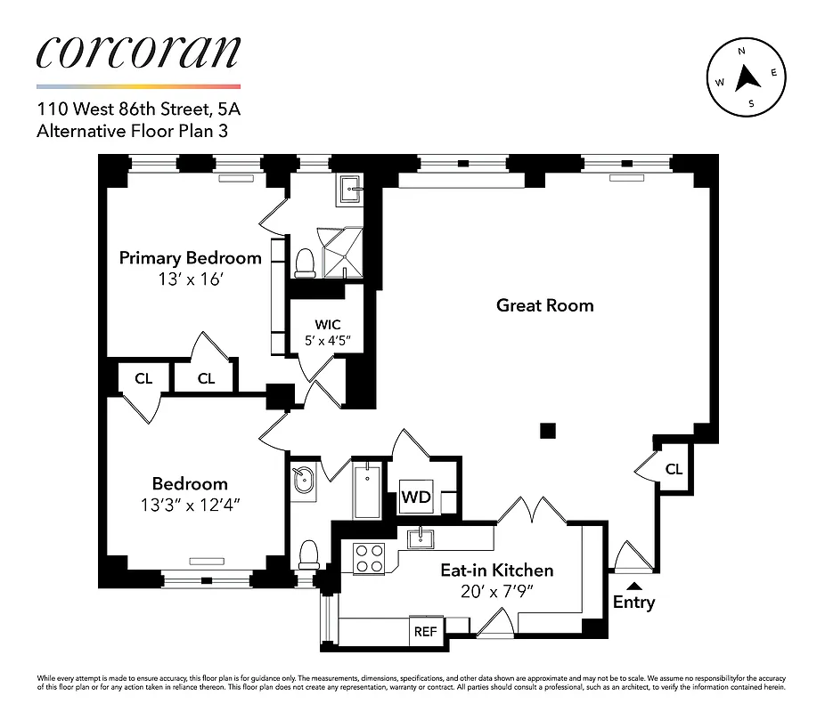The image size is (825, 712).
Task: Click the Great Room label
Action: tap(544, 305)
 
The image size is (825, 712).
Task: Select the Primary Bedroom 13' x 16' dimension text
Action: tap(190, 278)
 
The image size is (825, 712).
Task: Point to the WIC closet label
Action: tap(327, 325)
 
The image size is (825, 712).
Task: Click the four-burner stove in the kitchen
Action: tap(368, 558)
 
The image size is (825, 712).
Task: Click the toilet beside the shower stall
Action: tap(305, 262)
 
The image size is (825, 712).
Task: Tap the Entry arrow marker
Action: tap(633, 585)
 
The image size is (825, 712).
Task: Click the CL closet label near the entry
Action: tap(674, 468)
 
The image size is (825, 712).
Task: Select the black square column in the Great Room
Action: tap(548, 431)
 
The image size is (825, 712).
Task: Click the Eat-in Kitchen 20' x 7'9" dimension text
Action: tap(497, 590)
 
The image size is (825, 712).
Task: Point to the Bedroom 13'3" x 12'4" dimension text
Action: tap(190, 504)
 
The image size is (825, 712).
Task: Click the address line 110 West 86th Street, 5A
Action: tap(138, 111)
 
